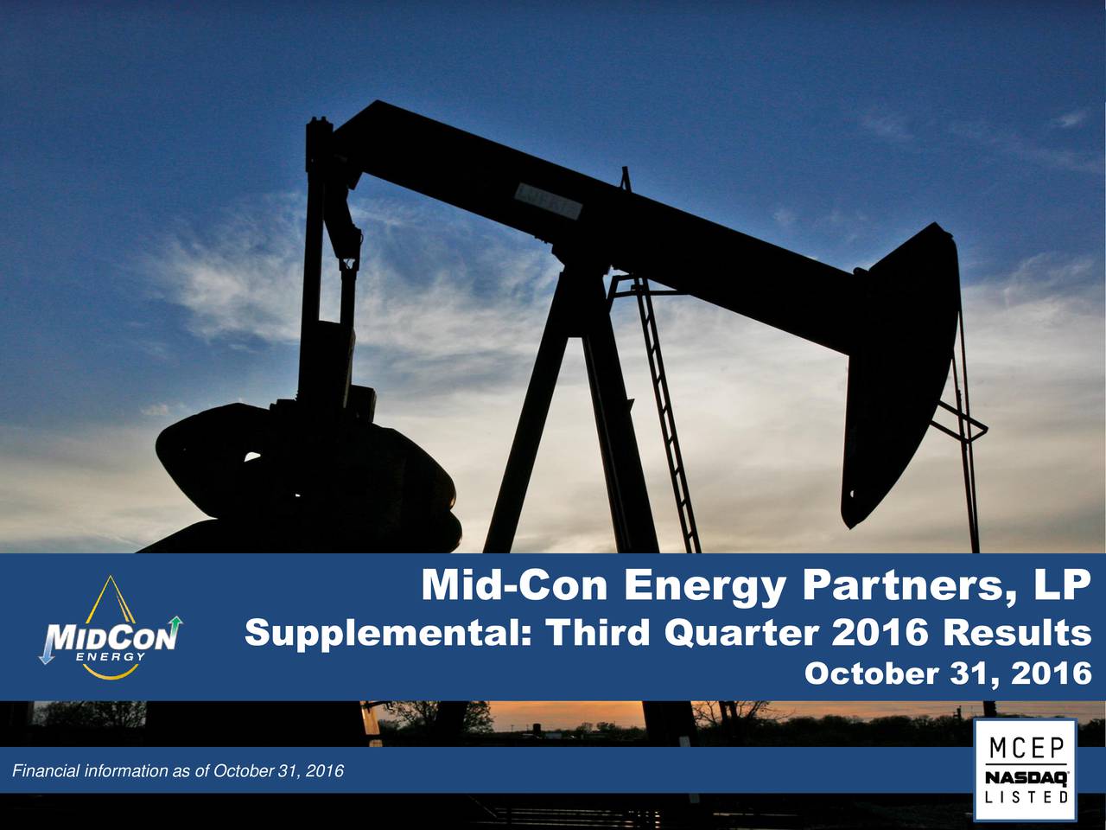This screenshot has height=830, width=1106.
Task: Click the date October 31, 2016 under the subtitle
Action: tap(948, 673)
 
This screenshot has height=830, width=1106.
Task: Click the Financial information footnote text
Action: tap(178, 771)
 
